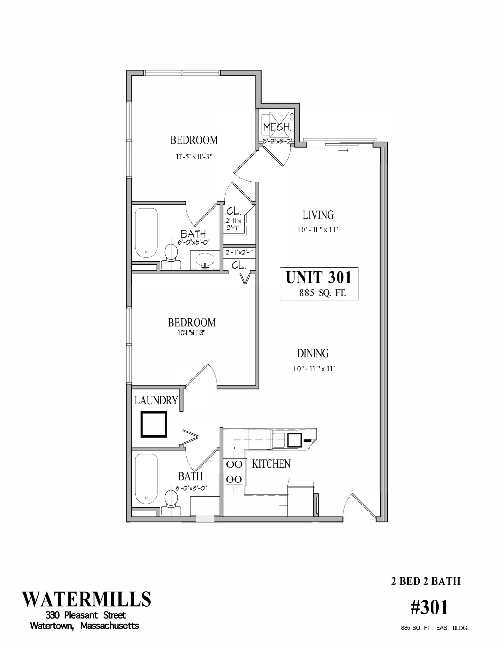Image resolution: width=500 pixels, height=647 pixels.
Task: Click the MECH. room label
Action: point(277,127)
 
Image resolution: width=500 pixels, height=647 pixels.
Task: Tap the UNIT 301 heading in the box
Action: point(318,277)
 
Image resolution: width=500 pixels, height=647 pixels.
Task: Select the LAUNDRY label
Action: point(156,400)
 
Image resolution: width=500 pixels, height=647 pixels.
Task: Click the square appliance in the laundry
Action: point(154,424)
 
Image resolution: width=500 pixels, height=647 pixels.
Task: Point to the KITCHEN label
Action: point(271,464)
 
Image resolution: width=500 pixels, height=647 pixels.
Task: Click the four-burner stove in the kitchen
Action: point(234,472)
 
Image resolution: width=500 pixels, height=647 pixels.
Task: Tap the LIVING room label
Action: point(318,215)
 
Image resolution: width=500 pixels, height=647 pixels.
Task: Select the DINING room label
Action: point(313,353)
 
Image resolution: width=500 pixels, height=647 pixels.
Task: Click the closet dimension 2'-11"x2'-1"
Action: point(239,252)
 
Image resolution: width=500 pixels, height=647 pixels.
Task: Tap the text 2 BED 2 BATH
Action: point(425,581)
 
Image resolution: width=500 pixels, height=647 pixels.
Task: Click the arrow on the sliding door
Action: point(343,150)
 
